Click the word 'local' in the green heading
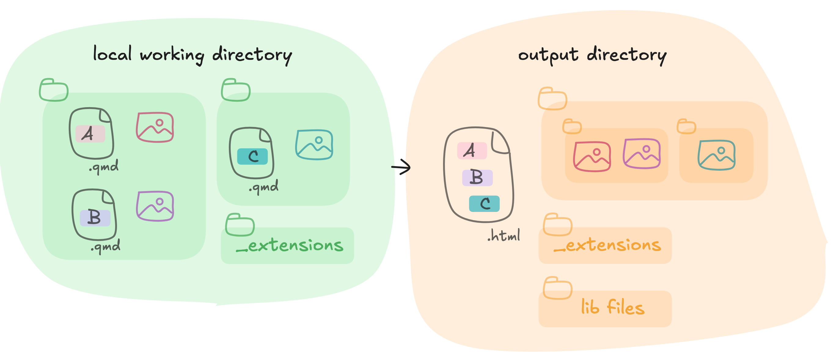tap(112, 54)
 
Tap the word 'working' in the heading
tap(172, 55)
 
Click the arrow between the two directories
tap(401, 167)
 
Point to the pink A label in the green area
tap(90, 134)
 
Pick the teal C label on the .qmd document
tap(252, 157)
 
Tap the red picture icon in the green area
tap(155, 127)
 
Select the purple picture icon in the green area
tap(155, 206)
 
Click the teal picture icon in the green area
tap(314, 145)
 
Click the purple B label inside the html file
tap(477, 178)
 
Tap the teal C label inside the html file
tap(484, 204)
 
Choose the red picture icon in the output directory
tap(592, 157)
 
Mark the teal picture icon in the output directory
tap(716, 155)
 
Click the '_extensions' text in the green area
tap(289, 245)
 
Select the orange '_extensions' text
tap(607, 245)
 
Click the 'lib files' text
tap(613, 307)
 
